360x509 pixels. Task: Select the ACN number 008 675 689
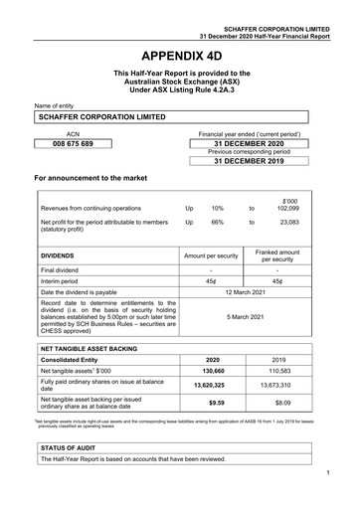pos(72,144)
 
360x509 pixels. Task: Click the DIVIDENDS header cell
pos(59,255)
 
